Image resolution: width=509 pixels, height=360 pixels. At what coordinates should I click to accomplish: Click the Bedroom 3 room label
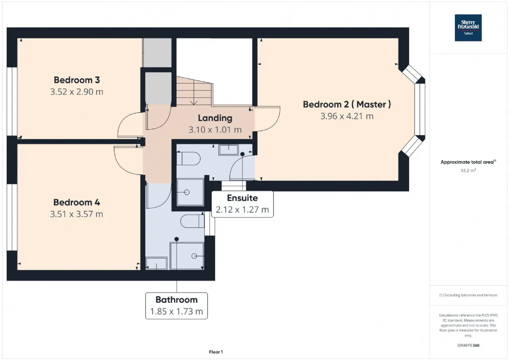point(77,80)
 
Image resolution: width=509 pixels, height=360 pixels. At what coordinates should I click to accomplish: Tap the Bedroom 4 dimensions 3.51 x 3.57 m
point(77,214)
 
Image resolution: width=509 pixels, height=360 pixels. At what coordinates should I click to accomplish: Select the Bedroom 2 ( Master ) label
point(347,104)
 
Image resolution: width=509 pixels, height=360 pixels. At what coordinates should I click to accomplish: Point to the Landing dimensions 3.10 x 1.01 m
point(215,130)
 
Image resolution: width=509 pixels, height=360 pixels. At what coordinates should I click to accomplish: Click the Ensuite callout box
point(243,204)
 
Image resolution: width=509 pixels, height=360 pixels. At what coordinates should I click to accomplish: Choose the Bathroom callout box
point(177,306)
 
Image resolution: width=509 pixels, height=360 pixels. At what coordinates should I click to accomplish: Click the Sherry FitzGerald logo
point(468,28)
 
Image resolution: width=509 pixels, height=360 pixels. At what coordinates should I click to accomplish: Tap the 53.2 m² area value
point(468,171)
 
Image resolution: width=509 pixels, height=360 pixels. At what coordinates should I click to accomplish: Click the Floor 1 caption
point(216,352)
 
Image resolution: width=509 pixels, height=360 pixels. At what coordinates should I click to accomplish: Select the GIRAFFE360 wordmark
point(468,345)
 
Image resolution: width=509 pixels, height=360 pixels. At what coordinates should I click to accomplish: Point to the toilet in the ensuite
point(188,158)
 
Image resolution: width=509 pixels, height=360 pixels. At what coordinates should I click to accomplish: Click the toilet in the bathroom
point(192,221)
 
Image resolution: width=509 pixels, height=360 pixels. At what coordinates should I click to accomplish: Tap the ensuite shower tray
point(190,192)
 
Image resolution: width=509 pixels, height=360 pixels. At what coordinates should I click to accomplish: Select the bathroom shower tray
point(187,256)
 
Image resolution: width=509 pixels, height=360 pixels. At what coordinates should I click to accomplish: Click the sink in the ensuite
point(228,150)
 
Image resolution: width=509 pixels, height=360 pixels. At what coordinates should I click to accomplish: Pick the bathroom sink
point(156,263)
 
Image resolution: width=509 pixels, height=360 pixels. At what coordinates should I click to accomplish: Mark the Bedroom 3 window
point(12,101)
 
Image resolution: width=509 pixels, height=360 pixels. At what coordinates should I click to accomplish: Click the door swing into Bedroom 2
point(267,119)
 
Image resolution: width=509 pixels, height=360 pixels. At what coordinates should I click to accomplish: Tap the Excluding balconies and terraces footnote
point(468,295)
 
